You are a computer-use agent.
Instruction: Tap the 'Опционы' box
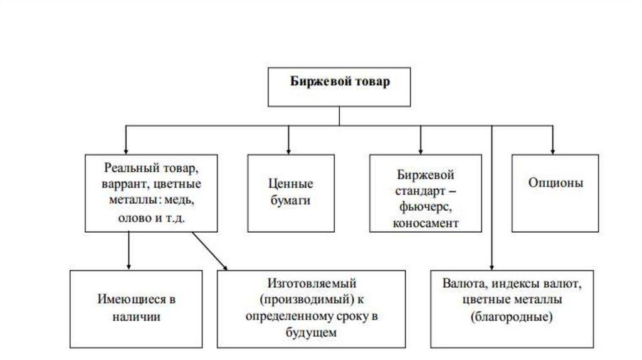(x=555, y=184)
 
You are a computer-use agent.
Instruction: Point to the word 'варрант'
(x=121, y=186)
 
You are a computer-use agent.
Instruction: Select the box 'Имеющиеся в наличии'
(x=136, y=308)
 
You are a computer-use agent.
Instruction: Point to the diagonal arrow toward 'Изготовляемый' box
(x=210, y=251)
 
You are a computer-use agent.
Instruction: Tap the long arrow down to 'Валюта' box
(x=492, y=201)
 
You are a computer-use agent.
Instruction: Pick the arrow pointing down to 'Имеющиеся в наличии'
(x=128, y=251)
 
